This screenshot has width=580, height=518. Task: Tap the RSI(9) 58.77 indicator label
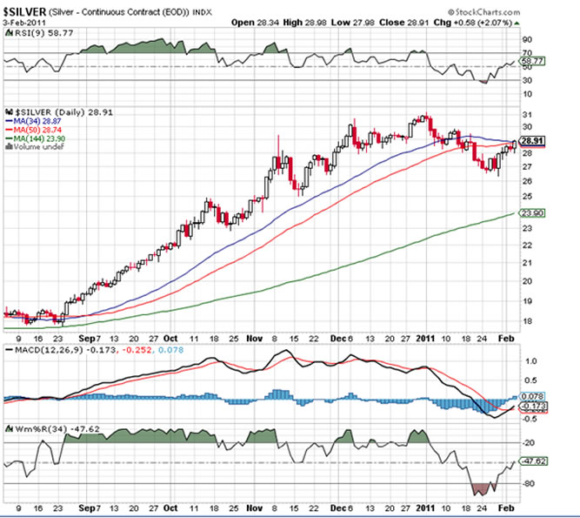point(35,34)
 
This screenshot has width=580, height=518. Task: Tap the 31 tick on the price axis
point(527,115)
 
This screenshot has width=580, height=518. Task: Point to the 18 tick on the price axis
point(527,320)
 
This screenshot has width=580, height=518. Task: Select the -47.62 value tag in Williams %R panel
point(533,463)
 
